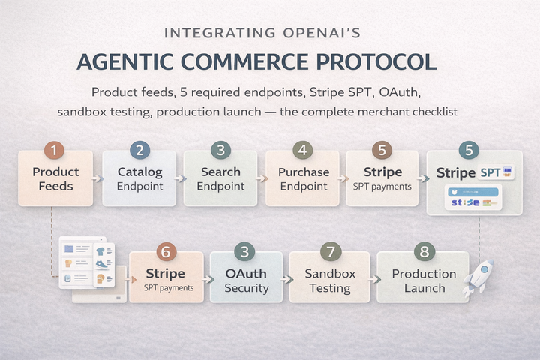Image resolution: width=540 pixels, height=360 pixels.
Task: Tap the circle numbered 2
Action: pyautogui.click(x=139, y=150)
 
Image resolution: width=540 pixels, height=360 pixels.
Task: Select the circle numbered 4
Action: pyautogui.click(x=303, y=150)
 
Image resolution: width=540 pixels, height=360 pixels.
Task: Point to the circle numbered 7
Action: pyautogui.click(x=330, y=252)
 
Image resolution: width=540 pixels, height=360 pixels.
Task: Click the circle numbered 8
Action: pyautogui.click(x=423, y=252)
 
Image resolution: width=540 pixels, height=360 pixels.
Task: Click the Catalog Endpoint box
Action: pyautogui.click(x=139, y=179)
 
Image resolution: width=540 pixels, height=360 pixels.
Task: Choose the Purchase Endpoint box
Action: pyautogui.click(x=303, y=179)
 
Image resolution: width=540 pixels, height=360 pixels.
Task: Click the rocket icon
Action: pyautogui.click(x=479, y=276)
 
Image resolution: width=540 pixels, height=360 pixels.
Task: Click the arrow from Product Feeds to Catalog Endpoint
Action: pyautogui.click(x=97, y=179)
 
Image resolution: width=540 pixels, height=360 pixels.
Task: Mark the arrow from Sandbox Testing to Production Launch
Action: pyautogui.click(x=370, y=278)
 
